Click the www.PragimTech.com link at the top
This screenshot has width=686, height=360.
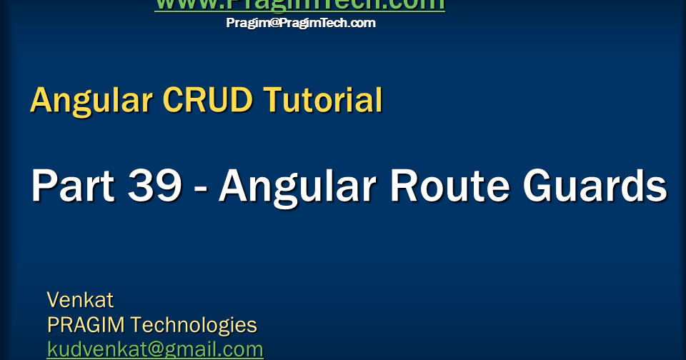[x=299, y=5]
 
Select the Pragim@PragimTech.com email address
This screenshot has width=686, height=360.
[x=301, y=23]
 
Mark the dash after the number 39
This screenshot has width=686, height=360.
[x=200, y=189]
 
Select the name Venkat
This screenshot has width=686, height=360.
[x=80, y=299]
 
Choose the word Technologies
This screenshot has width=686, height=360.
[x=194, y=325]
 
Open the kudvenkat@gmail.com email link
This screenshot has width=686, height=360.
[x=155, y=350]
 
